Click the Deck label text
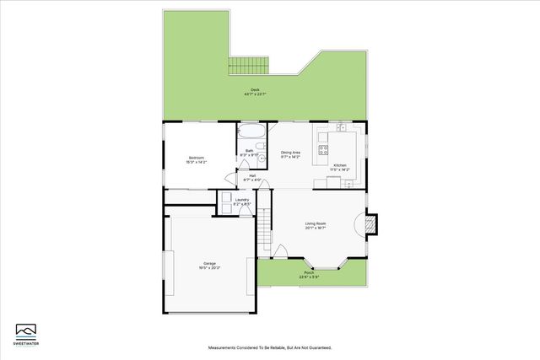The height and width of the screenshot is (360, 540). pos(253,92)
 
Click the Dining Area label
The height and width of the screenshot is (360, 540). pos(291,155)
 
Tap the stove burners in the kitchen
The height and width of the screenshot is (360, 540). pos(322,151)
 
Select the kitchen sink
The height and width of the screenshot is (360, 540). pos(341,128)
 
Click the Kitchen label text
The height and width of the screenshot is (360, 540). pos(340,167)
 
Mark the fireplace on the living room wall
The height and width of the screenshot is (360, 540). pos(373,224)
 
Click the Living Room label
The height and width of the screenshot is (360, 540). pos(316,225)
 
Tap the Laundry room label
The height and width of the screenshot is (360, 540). pos(242,201)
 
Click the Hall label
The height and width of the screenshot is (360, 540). pos(251,178)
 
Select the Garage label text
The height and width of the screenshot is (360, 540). pos(209,265)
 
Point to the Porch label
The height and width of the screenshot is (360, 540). pos(309,275)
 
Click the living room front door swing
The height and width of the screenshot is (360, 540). pos(282,250)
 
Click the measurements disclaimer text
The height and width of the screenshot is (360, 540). pos(270,347)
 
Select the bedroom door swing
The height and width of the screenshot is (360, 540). pos(231,179)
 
